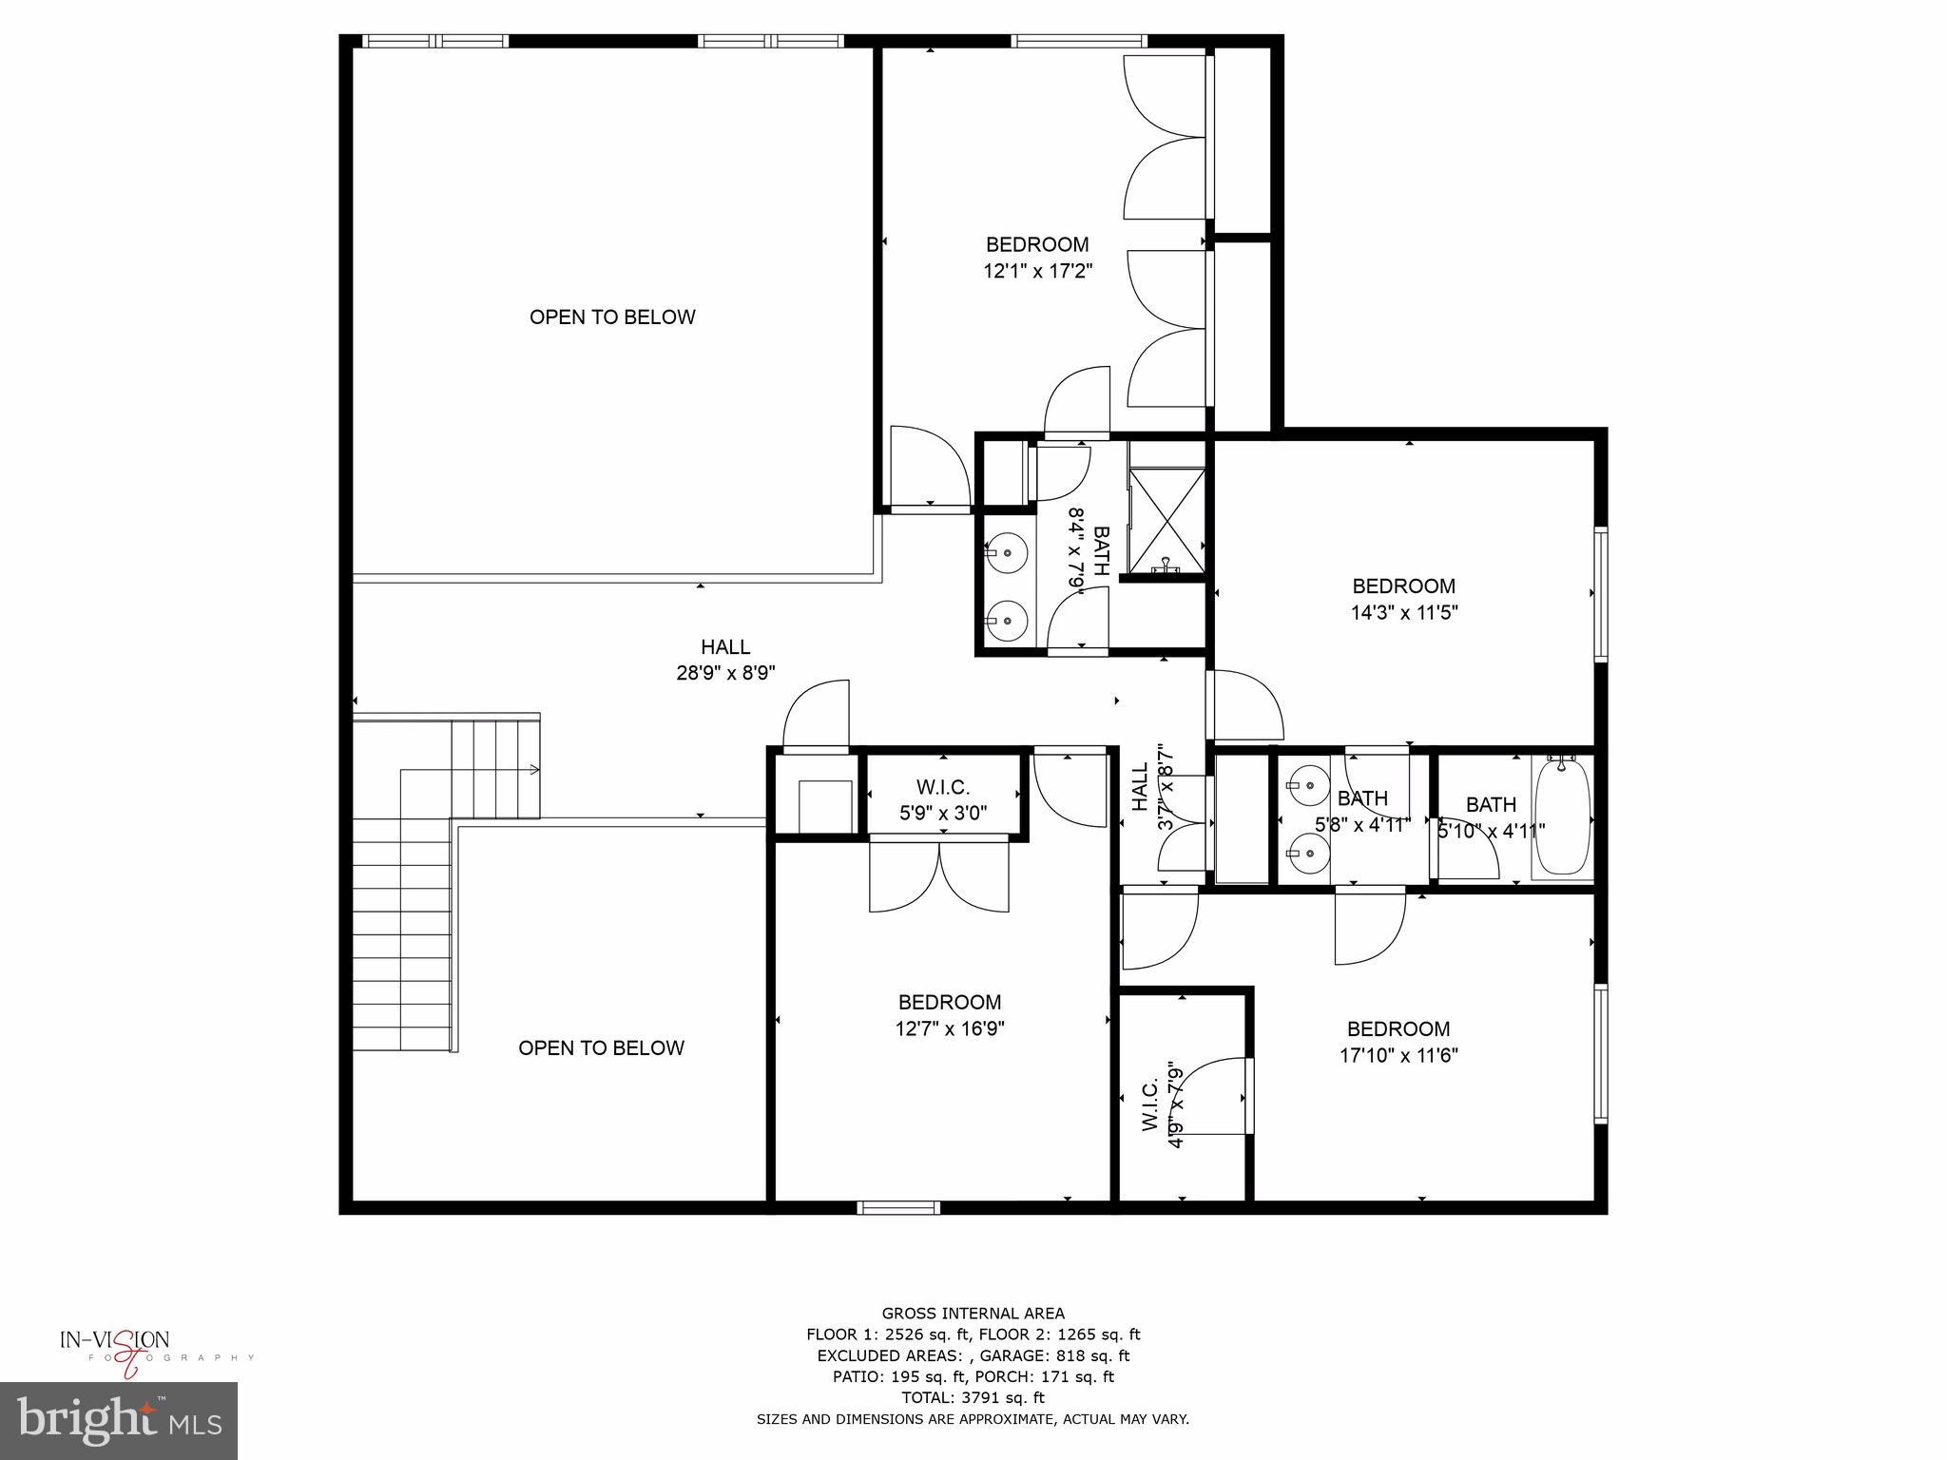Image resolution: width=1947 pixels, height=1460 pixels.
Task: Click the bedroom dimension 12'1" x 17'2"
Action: (1037, 272)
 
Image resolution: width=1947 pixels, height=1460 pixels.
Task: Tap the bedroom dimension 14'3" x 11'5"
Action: (1404, 613)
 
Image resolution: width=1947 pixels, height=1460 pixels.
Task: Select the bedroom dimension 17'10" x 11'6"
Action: (1398, 1055)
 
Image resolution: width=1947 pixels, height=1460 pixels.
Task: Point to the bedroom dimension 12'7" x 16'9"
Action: (950, 1028)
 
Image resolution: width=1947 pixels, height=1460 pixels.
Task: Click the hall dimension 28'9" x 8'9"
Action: (725, 673)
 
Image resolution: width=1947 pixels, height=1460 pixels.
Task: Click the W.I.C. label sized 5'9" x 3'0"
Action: (943, 800)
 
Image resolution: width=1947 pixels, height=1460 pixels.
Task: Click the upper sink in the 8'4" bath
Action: (1006, 551)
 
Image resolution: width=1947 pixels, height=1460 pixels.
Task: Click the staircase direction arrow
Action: (533, 769)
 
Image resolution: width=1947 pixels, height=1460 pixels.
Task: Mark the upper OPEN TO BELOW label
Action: (612, 317)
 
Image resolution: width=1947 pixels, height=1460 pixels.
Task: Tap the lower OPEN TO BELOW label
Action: (601, 1048)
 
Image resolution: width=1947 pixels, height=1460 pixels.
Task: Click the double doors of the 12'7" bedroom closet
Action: (939, 874)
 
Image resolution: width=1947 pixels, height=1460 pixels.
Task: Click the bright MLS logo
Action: (119, 1420)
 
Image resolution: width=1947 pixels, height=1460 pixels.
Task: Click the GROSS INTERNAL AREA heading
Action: (973, 1315)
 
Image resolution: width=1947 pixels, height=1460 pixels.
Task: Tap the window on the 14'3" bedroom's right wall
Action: (1600, 594)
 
